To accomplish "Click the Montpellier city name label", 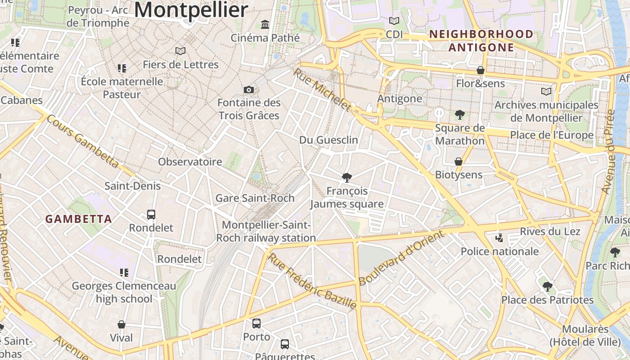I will click(x=191, y=10).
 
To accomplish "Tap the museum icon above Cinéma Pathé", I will click(x=265, y=24).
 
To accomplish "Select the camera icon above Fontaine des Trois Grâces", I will click(x=249, y=90).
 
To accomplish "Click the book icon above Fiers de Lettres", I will click(x=180, y=51).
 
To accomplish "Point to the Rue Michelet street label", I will click(x=322, y=90).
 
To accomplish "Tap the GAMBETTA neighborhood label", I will click(x=79, y=219).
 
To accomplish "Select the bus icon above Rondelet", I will click(x=151, y=215).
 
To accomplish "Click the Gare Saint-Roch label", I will click(x=255, y=198).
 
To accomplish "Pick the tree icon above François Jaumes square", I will click(x=346, y=178).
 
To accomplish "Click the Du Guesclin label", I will click(x=328, y=140).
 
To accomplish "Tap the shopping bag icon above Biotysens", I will click(x=459, y=162).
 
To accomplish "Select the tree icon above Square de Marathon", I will click(x=459, y=115).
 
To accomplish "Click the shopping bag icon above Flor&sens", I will click(x=481, y=70).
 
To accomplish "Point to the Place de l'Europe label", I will click(x=551, y=135).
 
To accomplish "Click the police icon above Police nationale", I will click(x=499, y=238).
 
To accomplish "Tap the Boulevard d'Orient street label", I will click(x=401, y=258).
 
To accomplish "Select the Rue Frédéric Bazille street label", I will click(x=312, y=282).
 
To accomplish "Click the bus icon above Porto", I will click(x=256, y=324).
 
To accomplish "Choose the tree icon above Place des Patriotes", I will click(x=547, y=286).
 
